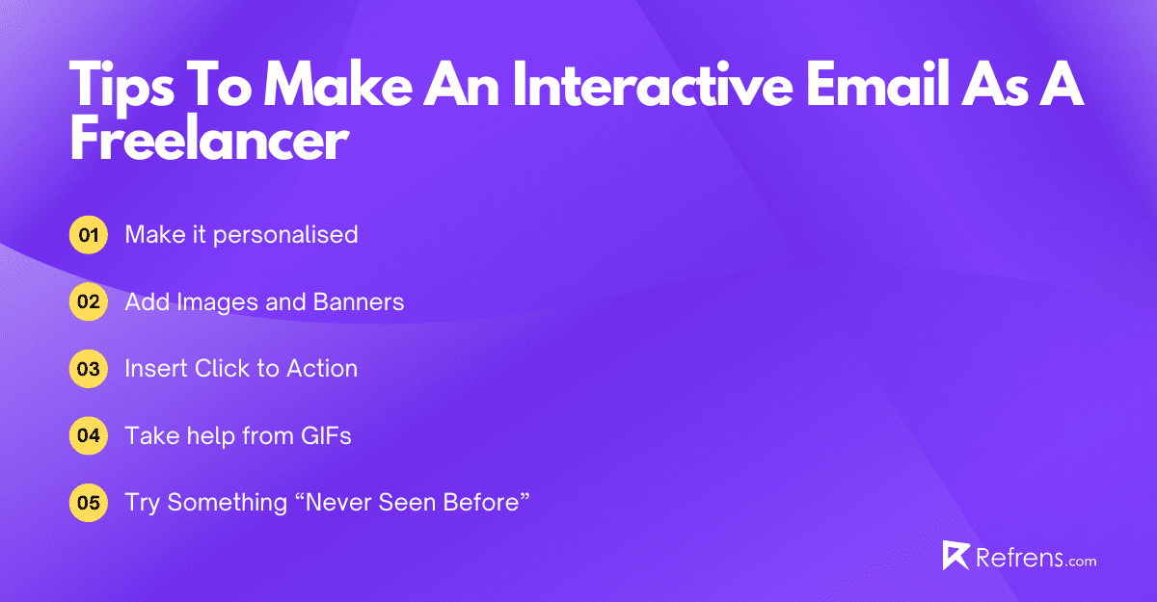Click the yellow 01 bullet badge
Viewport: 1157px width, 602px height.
(89, 235)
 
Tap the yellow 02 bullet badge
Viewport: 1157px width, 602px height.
(89, 302)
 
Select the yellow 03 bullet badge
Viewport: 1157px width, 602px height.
(89, 369)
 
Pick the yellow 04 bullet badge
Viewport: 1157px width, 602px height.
(89, 435)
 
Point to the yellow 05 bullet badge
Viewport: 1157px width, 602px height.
(89, 503)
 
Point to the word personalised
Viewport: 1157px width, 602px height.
(285, 235)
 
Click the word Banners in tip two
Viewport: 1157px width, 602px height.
(359, 302)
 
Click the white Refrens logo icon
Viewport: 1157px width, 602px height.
(955, 556)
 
